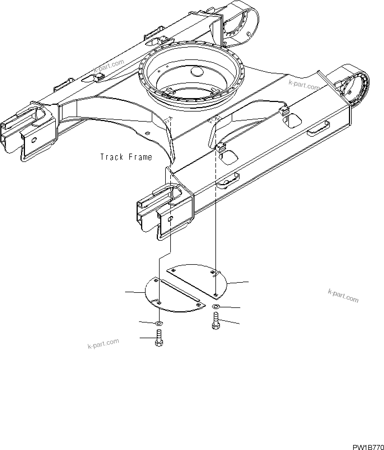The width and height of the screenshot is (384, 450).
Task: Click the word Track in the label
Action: (112, 157)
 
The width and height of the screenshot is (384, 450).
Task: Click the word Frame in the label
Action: (140, 157)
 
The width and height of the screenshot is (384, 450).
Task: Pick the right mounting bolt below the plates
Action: (216, 321)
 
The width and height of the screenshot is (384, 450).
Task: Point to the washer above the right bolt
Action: (216, 306)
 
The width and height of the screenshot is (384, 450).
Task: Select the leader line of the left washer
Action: (147, 323)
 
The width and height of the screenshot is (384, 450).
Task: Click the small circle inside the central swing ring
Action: (197, 71)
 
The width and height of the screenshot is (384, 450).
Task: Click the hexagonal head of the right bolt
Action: (215, 326)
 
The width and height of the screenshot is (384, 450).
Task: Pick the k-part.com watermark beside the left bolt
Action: (104, 344)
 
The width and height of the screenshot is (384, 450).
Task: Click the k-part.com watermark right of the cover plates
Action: (343, 296)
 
